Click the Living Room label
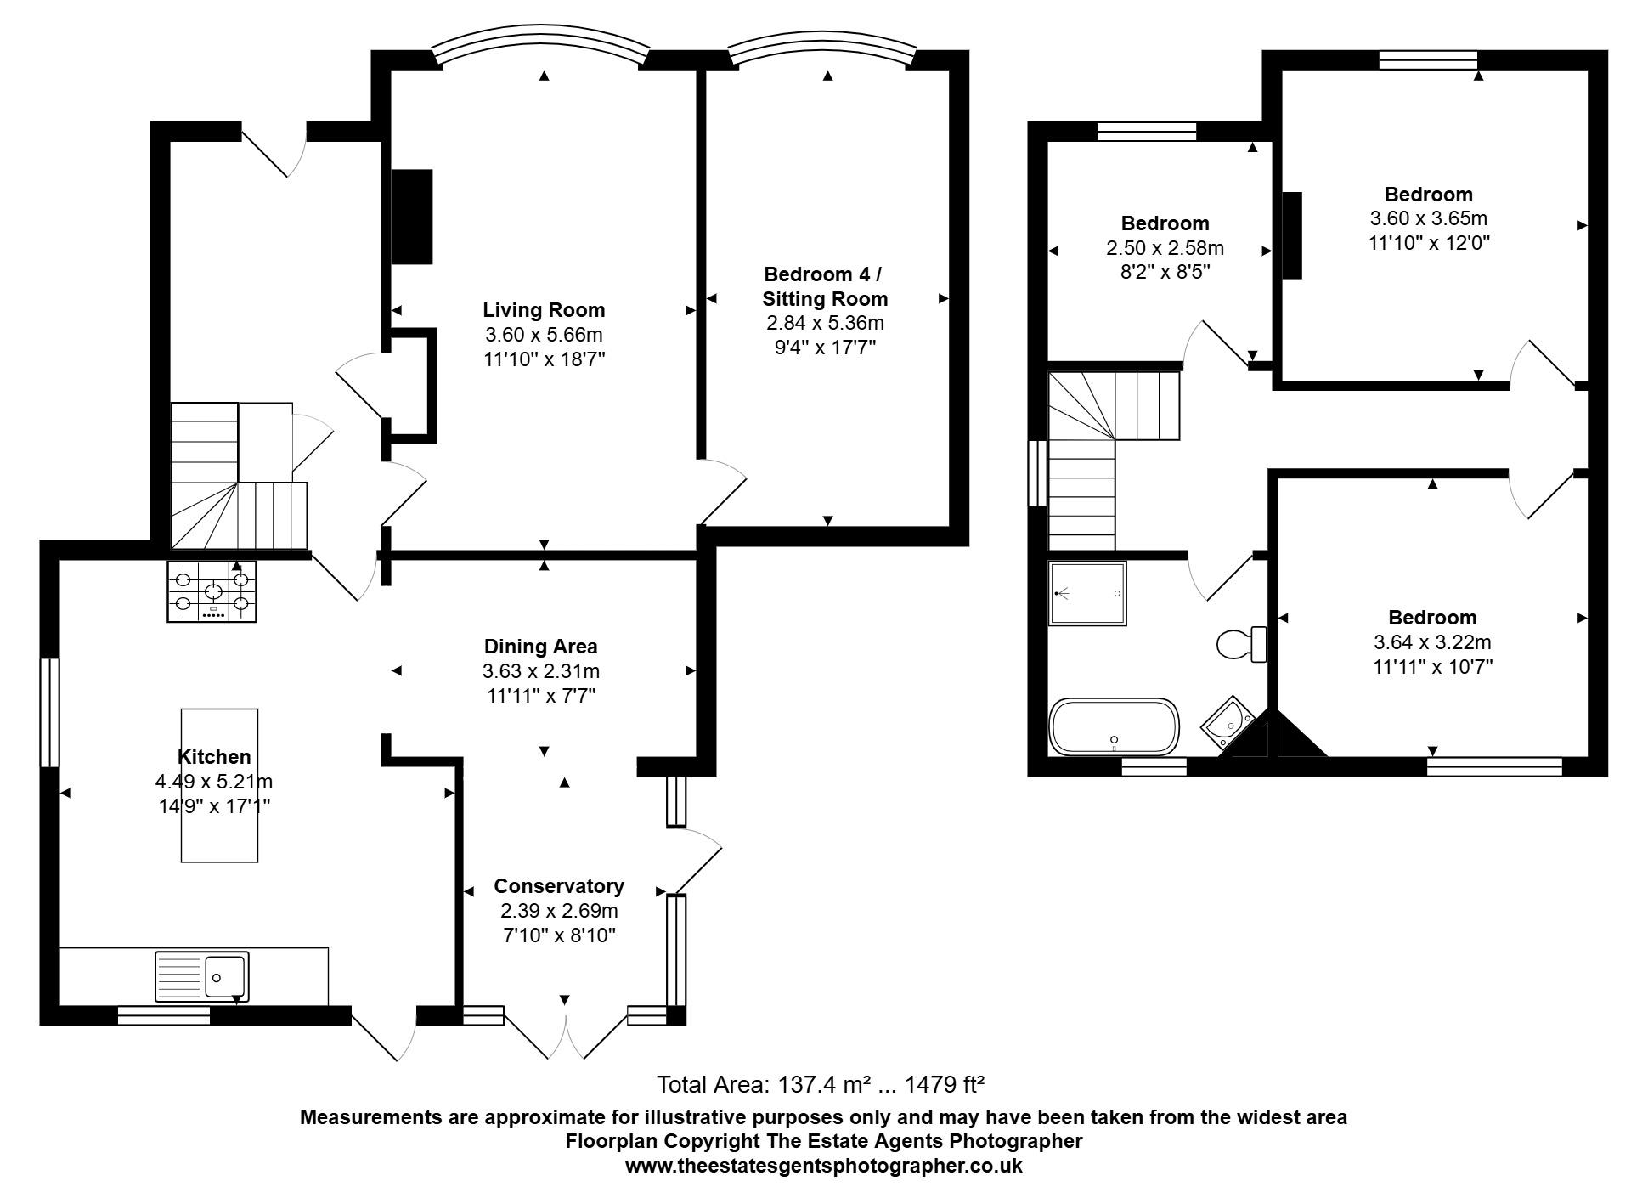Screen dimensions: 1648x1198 coord(544,310)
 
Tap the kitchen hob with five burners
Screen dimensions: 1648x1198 coord(212,592)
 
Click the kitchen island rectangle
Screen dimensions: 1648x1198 coord(219,785)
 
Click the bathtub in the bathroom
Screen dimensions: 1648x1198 coord(1115,727)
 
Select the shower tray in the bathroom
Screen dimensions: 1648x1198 coord(1087,593)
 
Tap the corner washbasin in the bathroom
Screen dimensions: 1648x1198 coord(1228,722)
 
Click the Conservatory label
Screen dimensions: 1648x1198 coord(559,886)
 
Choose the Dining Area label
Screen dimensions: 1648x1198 coord(541,647)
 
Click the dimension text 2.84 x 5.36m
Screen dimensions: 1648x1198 coord(825,323)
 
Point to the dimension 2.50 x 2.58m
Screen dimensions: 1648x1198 coord(1165,248)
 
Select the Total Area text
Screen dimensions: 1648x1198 coord(821,1084)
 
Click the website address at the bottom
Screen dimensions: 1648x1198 coord(824,1166)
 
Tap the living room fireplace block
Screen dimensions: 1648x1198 coord(412,217)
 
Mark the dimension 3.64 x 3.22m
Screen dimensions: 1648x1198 coord(1432,642)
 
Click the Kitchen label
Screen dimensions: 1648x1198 coord(214,757)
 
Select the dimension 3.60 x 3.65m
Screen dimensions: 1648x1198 coord(1428,218)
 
